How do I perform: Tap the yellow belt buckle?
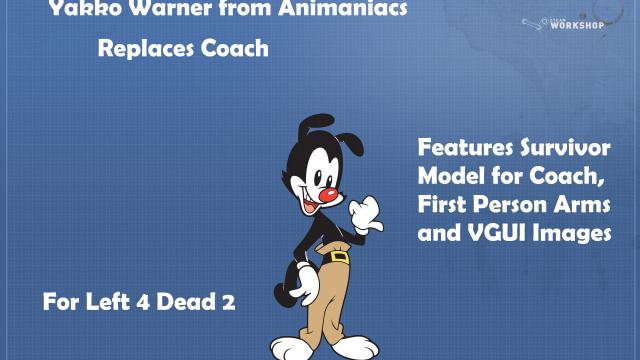340,257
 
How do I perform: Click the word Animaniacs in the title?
342,9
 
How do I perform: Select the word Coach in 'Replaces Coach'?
234,48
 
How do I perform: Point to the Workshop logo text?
577,25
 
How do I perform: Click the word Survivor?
565,147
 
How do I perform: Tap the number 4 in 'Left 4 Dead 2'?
142,302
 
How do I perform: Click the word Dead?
186,302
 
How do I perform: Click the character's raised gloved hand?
366,215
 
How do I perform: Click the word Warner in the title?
170,9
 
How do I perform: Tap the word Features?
465,147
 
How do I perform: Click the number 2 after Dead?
229,302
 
